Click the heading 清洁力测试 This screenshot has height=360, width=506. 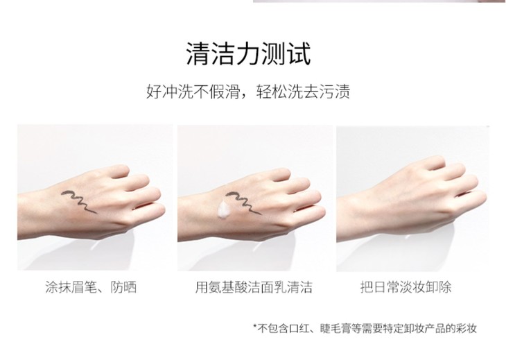click(248, 54)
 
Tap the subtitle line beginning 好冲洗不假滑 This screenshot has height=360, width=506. click(248, 92)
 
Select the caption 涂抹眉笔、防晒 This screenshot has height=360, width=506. click(91, 286)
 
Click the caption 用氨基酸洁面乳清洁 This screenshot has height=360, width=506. click(254, 286)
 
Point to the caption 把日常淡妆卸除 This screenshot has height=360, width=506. click(405, 286)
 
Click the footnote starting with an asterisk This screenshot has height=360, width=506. click(365, 328)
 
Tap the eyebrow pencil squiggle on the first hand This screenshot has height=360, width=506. click(79, 201)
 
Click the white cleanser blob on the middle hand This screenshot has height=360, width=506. click(224, 210)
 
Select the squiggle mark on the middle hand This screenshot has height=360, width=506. click(243, 203)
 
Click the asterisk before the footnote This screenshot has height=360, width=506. click(255, 326)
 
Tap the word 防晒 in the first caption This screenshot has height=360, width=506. click(124, 286)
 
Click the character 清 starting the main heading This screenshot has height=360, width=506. click(198, 54)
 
